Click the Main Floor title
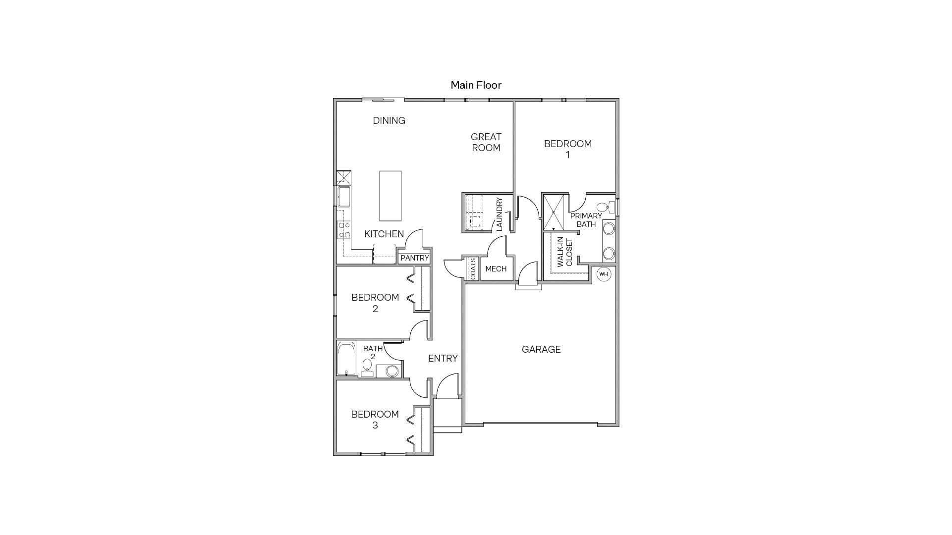click(x=476, y=85)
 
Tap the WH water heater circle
click(x=603, y=274)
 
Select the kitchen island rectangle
click(x=390, y=196)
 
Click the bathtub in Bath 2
click(x=346, y=358)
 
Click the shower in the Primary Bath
click(x=554, y=213)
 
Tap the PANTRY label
click(x=414, y=258)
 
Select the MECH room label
click(x=496, y=269)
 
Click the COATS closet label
click(x=473, y=268)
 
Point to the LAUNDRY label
click(x=499, y=214)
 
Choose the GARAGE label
click(x=541, y=350)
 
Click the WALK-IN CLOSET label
click(x=565, y=253)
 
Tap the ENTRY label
click(x=443, y=358)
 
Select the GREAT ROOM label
click(x=486, y=142)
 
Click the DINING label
click(x=389, y=120)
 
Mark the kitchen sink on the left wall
click(x=343, y=196)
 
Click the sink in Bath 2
click(x=392, y=371)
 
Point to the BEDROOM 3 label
click(x=375, y=420)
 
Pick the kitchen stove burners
click(x=344, y=230)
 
